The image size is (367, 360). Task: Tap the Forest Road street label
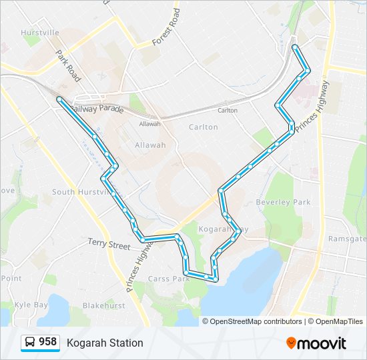pos(166,27)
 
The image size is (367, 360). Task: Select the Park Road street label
pos(68,66)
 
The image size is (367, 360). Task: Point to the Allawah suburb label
pos(150,144)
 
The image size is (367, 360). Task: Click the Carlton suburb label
pos(203,127)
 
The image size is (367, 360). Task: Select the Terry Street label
pos(109,245)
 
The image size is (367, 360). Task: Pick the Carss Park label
pos(168,278)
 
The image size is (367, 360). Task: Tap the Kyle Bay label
pos(31,305)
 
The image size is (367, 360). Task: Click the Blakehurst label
pos(104,305)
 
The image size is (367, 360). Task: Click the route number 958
pos(47,342)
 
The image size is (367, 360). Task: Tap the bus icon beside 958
pos(30,343)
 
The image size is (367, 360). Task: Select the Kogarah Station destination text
pos(105,343)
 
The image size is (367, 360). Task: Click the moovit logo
pos(316,343)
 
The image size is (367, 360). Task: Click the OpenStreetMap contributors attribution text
pos(256,321)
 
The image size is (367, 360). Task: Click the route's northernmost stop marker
pos(295,47)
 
